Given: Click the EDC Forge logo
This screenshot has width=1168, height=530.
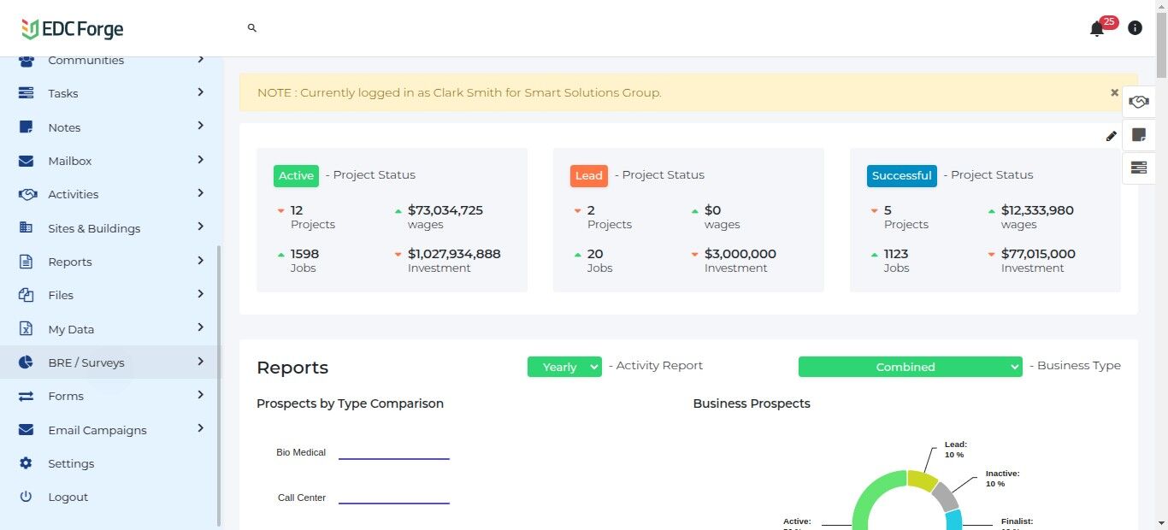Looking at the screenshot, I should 73,29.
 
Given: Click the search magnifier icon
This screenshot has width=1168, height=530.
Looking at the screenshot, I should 252,28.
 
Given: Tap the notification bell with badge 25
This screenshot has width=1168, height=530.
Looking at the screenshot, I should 1097,29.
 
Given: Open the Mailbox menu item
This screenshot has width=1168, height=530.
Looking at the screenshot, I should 70,161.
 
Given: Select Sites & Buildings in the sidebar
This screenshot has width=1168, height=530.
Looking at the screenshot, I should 94,228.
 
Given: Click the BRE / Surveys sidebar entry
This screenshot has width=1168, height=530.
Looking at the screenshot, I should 86,362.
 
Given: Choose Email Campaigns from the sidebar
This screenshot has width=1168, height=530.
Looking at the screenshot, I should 97,430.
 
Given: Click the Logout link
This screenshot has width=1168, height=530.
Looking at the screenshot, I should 68,497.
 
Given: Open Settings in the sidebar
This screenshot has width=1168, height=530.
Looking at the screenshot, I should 71,463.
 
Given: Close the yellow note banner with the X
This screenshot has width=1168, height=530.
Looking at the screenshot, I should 1114,92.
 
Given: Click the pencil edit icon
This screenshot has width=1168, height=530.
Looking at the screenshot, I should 1111,136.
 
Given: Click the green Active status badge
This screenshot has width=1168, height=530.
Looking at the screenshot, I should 296,175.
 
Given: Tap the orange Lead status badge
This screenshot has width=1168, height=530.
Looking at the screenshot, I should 588,175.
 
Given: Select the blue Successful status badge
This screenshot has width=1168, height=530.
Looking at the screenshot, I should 901,175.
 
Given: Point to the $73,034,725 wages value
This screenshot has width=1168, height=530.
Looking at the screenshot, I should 445,210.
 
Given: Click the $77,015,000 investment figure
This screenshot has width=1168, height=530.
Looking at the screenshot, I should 1038,254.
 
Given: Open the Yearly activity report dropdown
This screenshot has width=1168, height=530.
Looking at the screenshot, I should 564,367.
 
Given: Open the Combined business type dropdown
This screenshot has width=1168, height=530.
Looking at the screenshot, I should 910,367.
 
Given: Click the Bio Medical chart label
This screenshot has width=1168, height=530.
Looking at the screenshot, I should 301,452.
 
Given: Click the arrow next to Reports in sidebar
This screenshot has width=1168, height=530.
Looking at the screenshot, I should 200,261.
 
